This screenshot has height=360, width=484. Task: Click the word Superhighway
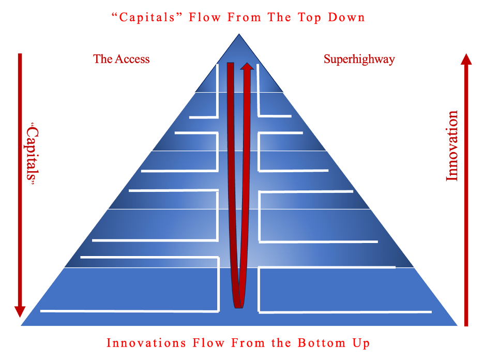(x=359, y=59)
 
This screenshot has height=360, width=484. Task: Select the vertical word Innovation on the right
(x=452, y=145)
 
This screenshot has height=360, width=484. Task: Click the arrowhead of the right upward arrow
(x=466, y=59)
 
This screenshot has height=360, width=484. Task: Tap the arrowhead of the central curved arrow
(x=247, y=67)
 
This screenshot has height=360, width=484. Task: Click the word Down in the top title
(x=346, y=17)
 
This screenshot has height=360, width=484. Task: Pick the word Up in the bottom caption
(x=360, y=343)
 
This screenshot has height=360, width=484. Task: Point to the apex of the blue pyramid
(x=239, y=35)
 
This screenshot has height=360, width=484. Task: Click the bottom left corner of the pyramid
(x=22, y=325)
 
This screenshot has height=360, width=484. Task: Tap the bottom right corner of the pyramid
(x=457, y=325)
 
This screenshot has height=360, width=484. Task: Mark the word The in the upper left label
(x=102, y=59)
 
